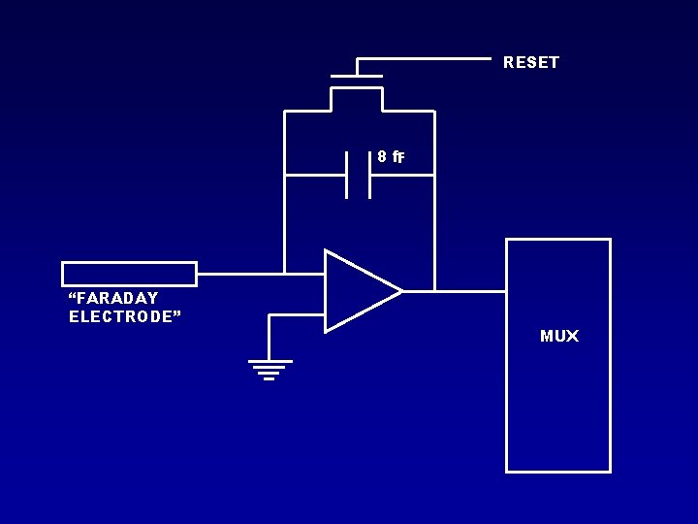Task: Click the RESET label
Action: (x=531, y=62)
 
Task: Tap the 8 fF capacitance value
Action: (x=391, y=156)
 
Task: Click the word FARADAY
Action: (x=113, y=298)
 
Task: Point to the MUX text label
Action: (x=559, y=337)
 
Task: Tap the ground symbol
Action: (x=269, y=370)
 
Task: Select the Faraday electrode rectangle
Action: (x=129, y=274)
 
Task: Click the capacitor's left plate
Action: (x=346, y=175)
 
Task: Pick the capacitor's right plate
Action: (x=370, y=175)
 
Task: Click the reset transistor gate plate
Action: (x=357, y=76)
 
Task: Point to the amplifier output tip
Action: (x=401, y=290)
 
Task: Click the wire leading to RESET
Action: (x=427, y=59)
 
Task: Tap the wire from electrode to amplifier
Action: (x=242, y=274)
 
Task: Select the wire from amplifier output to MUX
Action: (x=471, y=290)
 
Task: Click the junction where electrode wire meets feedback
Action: (x=285, y=274)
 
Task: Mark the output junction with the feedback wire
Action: (x=434, y=290)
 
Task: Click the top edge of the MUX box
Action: (x=558, y=239)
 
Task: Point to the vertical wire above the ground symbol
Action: (x=269, y=337)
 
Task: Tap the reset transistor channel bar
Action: (x=357, y=88)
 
